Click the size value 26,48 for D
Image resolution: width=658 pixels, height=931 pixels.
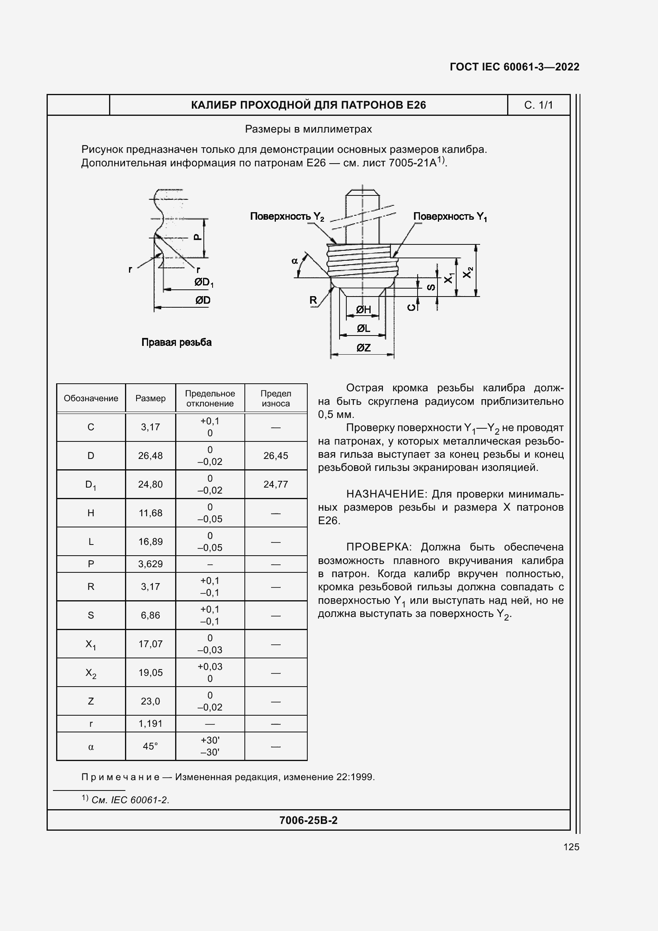pos(150,455)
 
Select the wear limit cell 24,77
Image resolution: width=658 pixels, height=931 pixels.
pos(276,484)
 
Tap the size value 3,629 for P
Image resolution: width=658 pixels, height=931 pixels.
pos(150,564)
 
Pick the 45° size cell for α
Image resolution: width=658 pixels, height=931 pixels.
pos(150,746)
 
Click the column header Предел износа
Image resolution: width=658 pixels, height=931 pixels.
pos(276,398)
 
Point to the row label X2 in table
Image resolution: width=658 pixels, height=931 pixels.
pos(91,673)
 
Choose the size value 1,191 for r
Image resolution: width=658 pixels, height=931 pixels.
pos(150,723)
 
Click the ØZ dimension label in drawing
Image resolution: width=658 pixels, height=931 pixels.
pos(363,347)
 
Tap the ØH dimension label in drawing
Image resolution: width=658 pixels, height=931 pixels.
pos(363,310)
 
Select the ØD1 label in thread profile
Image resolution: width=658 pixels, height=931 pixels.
pos(203,282)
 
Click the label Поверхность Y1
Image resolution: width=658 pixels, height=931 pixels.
pos(449,217)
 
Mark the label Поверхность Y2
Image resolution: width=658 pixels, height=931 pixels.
pos(287,217)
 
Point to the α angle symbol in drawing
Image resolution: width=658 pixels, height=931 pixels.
pos(295,261)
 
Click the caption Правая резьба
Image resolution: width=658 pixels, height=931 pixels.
pos(176,342)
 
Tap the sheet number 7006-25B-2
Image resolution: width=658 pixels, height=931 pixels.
pos(308,820)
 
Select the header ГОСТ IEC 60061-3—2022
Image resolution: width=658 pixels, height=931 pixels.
pos(514,67)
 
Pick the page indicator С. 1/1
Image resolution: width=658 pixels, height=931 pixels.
pos(538,105)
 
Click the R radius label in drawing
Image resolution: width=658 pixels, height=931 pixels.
pos(313,300)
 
